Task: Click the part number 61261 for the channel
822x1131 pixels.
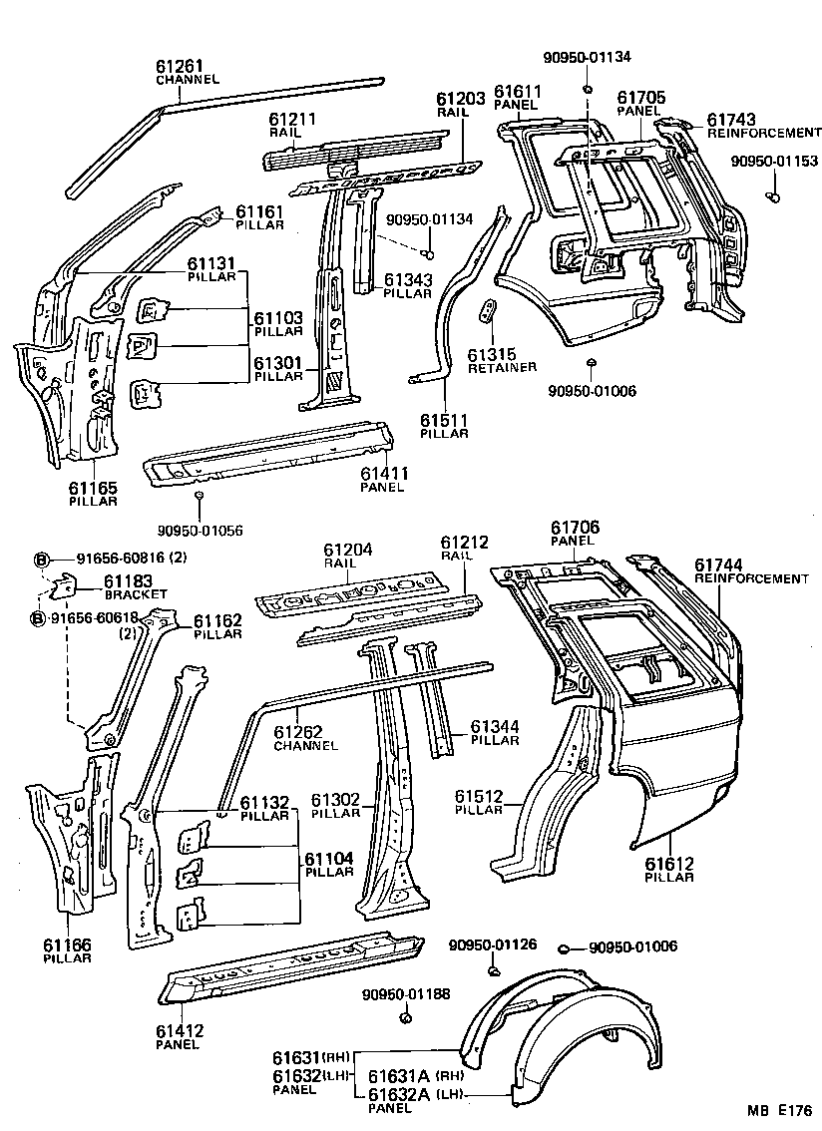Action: [180, 66]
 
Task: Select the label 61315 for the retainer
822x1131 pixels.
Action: [491, 354]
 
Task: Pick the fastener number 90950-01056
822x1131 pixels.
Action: [200, 530]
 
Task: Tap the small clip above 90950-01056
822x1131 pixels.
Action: [200, 496]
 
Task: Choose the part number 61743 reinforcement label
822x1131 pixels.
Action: [733, 119]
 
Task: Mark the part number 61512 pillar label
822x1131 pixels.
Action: [482, 796]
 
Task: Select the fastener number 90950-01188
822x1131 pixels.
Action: [407, 993]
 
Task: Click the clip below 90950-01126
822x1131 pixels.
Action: [493, 969]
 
